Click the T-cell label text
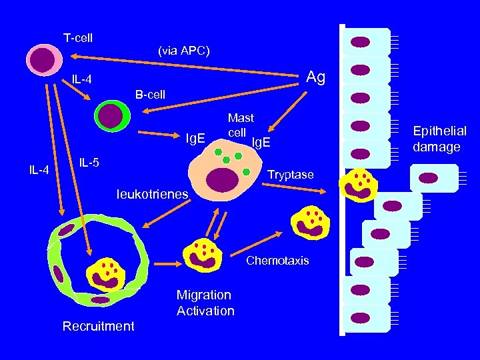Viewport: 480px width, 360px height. (x=78, y=38)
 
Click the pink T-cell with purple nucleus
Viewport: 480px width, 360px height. (x=44, y=58)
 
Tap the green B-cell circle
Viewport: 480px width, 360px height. (x=110, y=115)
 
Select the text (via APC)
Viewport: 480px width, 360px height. (x=184, y=50)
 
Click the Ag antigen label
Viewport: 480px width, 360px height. (x=315, y=78)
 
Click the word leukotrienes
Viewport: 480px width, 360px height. (x=152, y=194)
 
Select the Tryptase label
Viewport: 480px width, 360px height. (x=290, y=175)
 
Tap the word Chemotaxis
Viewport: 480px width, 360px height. (x=277, y=261)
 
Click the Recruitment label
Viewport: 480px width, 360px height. (x=98, y=326)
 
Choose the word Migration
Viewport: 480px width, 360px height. (x=204, y=295)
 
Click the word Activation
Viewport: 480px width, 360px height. (x=205, y=311)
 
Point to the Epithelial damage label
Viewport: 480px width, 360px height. (x=440, y=139)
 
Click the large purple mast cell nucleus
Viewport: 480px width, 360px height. (x=223, y=179)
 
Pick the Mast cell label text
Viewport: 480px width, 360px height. (x=240, y=125)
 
